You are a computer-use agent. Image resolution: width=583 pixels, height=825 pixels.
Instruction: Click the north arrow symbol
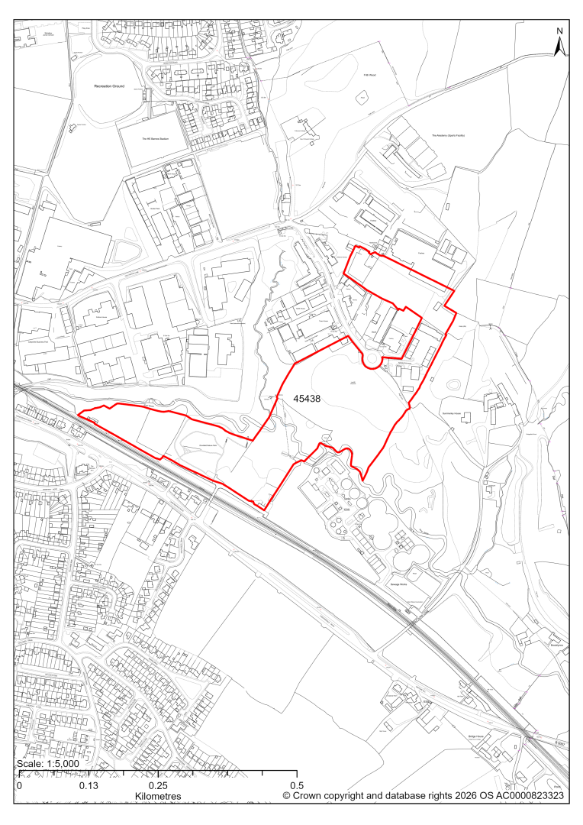(559, 47)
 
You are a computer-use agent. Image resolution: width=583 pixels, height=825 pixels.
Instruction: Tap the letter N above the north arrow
(559, 31)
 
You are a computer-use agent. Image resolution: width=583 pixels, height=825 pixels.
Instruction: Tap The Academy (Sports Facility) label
(448, 135)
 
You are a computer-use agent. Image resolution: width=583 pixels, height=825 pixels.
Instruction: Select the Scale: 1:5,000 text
(47, 764)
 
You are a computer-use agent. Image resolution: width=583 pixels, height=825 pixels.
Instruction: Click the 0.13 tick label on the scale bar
(89, 786)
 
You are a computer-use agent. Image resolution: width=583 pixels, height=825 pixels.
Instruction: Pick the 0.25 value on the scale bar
(158, 786)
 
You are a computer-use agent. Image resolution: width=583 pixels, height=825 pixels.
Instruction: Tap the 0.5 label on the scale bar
(297, 786)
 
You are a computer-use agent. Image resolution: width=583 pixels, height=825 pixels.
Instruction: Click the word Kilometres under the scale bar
(158, 797)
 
